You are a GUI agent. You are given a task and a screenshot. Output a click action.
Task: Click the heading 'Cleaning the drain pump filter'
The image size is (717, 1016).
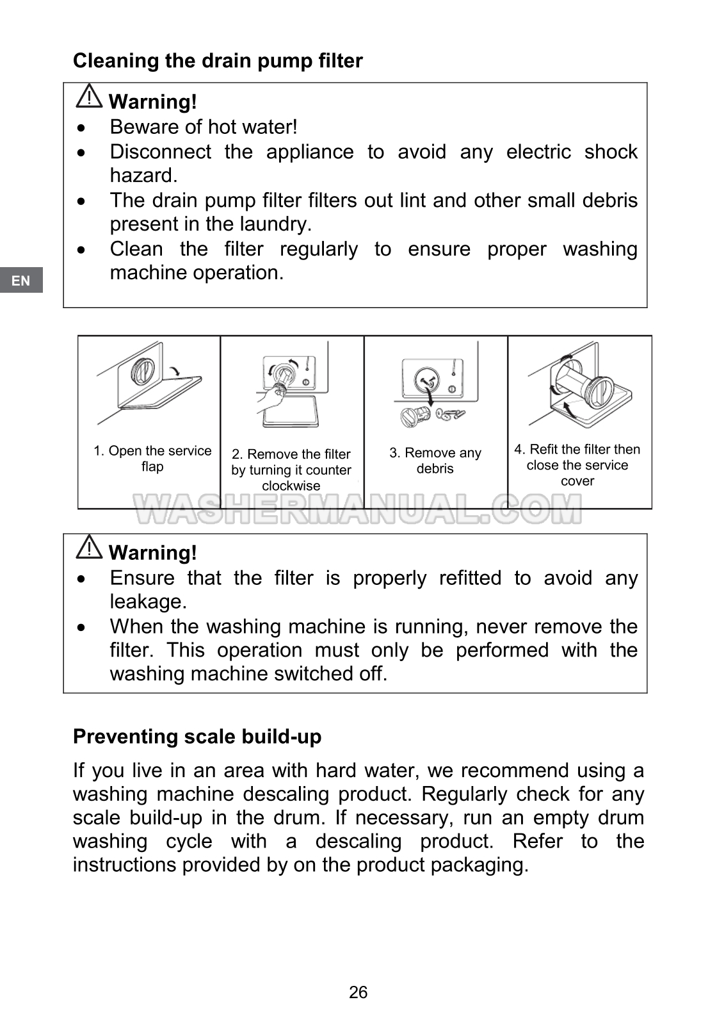(218, 61)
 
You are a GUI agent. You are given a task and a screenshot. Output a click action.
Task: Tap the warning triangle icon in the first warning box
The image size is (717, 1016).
(89, 96)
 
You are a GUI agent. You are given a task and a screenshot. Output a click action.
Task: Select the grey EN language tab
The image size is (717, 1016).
(21, 281)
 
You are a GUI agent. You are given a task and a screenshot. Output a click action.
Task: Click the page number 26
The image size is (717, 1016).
(358, 992)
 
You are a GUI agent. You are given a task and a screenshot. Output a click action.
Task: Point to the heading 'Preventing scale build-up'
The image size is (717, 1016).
(197, 737)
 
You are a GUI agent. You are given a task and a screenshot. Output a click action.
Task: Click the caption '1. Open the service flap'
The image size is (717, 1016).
(152, 459)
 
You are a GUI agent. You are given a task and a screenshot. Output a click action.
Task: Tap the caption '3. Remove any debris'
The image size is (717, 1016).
(435, 461)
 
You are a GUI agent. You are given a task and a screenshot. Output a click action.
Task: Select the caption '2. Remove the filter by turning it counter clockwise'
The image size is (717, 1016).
(291, 470)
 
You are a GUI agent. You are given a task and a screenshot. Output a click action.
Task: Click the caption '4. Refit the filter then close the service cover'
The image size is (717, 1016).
(577, 465)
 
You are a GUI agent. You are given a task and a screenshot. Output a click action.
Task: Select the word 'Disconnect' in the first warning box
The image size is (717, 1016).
(160, 152)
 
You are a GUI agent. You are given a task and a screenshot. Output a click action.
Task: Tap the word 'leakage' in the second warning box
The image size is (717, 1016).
(147, 602)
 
